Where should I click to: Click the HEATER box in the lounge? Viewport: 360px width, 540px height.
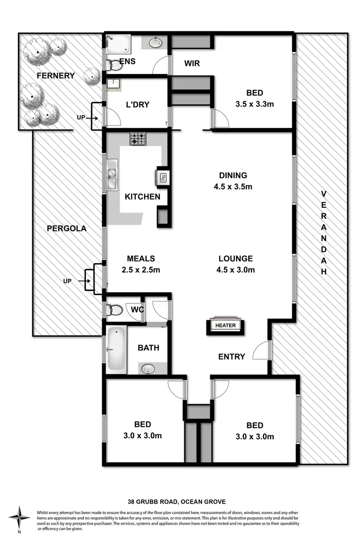[226, 325]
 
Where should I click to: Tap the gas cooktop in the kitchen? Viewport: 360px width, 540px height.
[138, 139]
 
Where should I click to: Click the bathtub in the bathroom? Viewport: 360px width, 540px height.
[116, 349]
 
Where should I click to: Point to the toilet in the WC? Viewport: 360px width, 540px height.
[114, 310]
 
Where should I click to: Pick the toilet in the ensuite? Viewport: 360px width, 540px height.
[114, 65]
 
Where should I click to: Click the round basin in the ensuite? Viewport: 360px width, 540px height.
[156, 43]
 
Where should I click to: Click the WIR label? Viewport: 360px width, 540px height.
[192, 63]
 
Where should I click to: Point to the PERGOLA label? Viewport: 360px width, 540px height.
[67, 228]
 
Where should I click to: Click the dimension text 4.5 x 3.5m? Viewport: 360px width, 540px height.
[233, 186]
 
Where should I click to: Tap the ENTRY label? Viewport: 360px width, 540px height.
[231, 357]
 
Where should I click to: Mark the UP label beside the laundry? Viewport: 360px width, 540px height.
[81, 117]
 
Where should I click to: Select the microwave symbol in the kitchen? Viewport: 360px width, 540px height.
[163, 178]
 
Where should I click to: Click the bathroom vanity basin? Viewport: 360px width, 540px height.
[147, 369]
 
